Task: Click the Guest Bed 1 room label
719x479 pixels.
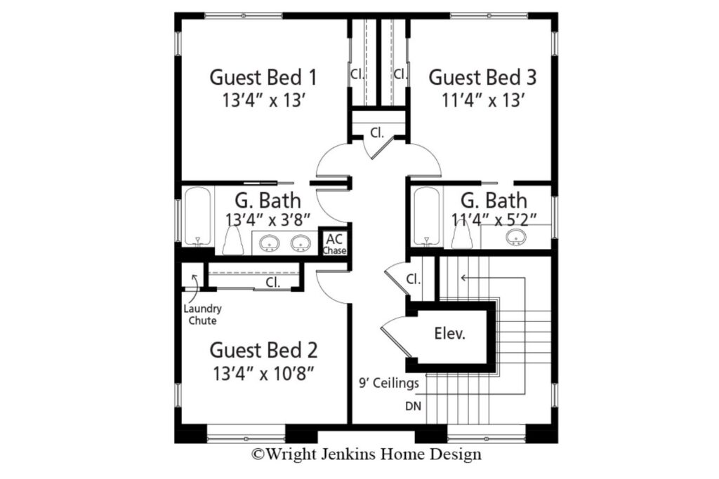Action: (x=263, y=77)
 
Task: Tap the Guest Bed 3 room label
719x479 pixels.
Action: (x=482, y=77)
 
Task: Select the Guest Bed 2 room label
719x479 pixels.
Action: (x=264, y=350)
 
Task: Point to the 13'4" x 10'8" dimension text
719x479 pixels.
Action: (x=264, y=374)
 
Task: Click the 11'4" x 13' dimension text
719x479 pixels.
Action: (x=483, y=100)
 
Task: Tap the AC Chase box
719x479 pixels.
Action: (x=334, y=243)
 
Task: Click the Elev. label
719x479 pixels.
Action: (x=450, y=333)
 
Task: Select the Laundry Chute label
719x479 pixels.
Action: (x=202, y=314)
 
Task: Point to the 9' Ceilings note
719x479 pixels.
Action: (x=389, y=383)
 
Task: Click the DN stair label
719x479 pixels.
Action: (x=413, y=406)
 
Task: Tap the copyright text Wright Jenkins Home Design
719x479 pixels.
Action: (x=367, y=454)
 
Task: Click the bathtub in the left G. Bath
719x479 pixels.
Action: (x=197, y=217)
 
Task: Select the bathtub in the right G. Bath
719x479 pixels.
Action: (x=426, y=217)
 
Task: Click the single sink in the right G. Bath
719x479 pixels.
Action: (x=516, y=237)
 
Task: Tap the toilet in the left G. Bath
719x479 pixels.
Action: (x=233, y=241)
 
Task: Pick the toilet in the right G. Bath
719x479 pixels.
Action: (x=461, y=237)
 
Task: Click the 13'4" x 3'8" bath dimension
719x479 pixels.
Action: (x=268, y=220)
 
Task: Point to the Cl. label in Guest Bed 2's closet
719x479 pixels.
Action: (x=273, y=283)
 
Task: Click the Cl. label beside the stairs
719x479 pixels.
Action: (x=414, y=279)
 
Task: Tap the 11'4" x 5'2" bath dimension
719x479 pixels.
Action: (x=494, y=220)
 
